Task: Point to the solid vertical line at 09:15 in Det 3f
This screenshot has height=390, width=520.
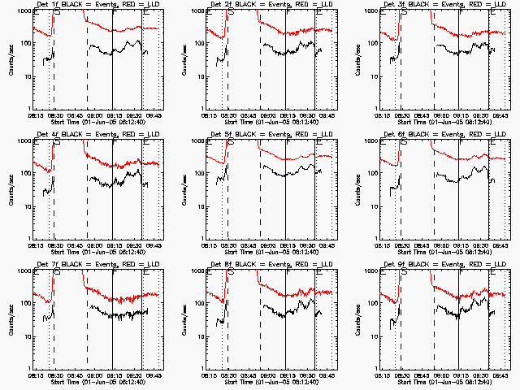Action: (459, 65)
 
